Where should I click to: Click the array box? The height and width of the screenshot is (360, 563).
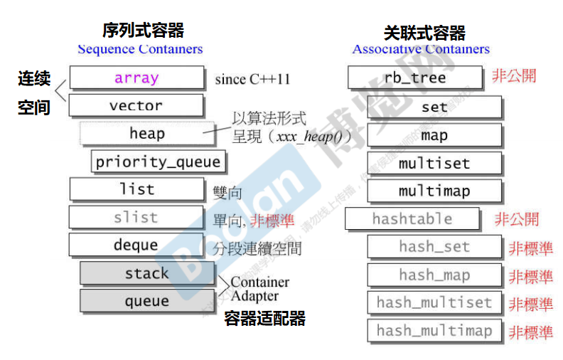click(136, 78)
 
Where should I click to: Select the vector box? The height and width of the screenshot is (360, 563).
click(136, 105)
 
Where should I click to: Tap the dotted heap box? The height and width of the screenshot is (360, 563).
click(146, 134)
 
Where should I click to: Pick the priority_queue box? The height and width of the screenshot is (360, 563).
click(159, 162)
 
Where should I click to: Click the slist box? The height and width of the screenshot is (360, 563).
click(136, 217)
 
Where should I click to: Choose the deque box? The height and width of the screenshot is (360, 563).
click(136, 245)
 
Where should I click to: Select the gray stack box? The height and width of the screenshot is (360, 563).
click(146, 273)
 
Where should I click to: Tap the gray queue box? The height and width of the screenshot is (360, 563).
click(146, 301)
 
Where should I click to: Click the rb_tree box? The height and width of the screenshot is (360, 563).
click(415, 78)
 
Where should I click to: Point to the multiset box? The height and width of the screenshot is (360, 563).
click(434, 163)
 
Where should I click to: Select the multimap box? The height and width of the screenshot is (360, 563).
click(434, 191)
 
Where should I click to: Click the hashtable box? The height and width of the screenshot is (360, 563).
click(412, 219)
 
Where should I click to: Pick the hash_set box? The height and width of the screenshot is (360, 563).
click(434, 247)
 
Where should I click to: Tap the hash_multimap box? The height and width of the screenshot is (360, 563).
click(434, 330)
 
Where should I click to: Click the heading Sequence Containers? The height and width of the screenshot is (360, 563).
click(140, 49)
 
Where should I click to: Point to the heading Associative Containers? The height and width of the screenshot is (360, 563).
click(421, 49)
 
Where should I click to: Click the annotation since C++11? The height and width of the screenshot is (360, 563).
click(252, 79)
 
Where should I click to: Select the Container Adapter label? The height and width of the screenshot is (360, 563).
click(259, 289)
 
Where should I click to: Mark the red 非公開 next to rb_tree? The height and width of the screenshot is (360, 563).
click(514, 76)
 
